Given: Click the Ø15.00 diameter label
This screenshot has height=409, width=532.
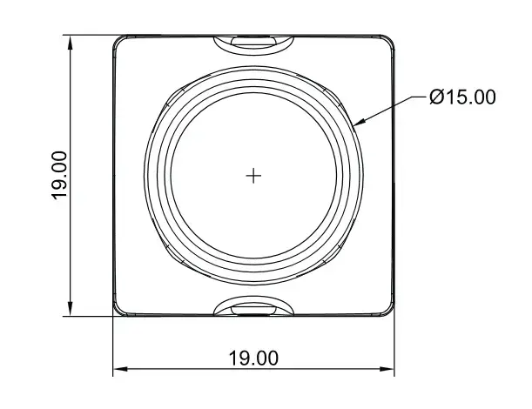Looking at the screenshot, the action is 462,97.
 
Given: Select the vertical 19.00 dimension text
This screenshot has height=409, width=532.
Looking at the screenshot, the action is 59,176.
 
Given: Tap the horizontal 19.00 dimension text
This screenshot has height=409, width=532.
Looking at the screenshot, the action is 253,359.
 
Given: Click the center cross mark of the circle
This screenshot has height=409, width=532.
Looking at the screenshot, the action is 253,176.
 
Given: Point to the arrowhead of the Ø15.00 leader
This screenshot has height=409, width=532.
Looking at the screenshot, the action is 359,123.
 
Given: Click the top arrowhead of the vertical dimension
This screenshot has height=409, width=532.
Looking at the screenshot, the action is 71,44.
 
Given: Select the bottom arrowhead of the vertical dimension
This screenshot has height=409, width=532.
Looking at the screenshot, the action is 71,308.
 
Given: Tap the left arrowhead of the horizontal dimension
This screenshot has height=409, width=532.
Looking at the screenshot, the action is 121,369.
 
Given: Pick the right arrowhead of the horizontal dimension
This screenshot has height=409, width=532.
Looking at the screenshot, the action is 387,369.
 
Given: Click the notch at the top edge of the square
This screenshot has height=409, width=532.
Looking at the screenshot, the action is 253,44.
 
